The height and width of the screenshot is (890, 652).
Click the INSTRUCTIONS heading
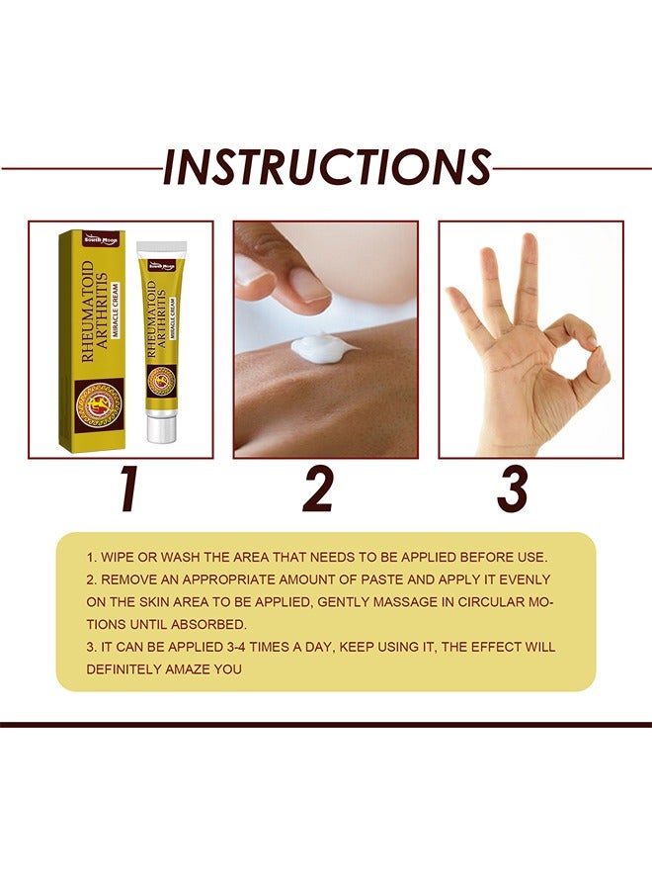pos(326,167)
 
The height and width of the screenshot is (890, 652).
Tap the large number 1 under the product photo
pos(126,489)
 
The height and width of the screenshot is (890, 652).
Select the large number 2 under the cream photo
pos(318,489)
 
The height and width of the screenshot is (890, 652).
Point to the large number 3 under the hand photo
pos(513,489)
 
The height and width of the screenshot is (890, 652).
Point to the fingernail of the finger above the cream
pos(309,286)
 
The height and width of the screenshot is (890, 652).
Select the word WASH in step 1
pos(185,557)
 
